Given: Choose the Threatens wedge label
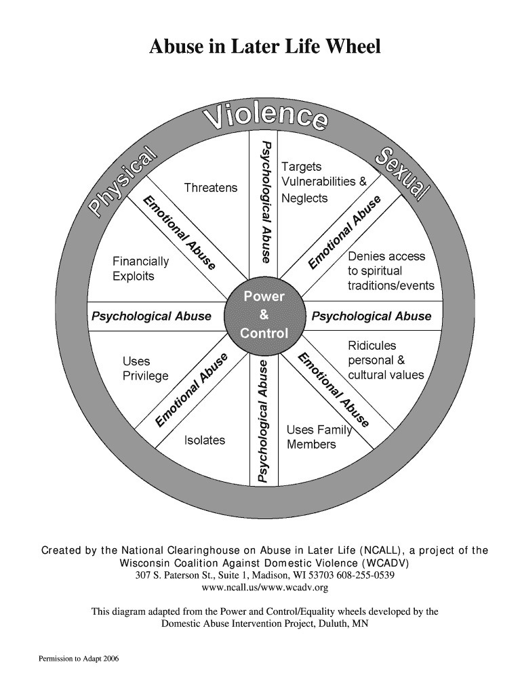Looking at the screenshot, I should point(211,188).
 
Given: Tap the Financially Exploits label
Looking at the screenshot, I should point(141,269).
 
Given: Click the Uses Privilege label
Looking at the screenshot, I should point(145,369).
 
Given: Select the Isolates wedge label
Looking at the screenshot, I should point(205,441).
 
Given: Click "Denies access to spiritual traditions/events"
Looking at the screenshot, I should point(390,271).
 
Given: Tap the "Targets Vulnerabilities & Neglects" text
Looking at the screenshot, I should point(323,182).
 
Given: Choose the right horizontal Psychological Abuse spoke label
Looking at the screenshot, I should point(371,317).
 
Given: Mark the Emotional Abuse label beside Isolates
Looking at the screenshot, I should point(193,391).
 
